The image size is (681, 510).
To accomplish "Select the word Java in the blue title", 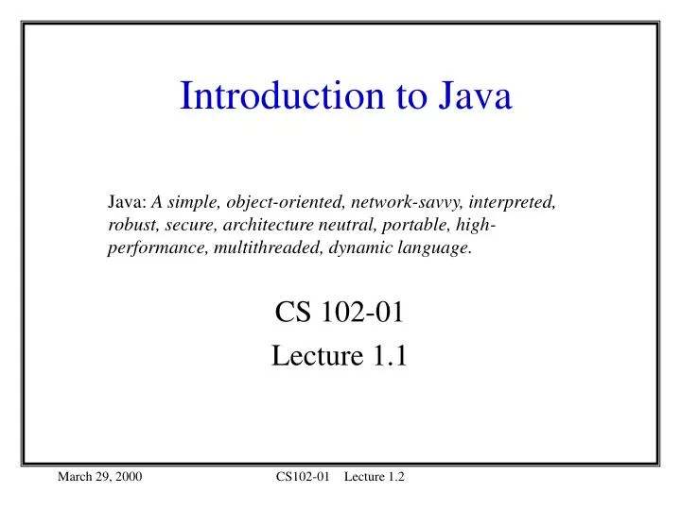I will click(474, 96).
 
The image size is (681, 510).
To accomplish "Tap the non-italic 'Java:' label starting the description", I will click(127, 202).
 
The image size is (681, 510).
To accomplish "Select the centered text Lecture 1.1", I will click(340, 355).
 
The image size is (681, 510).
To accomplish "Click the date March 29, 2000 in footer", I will click(100, 478).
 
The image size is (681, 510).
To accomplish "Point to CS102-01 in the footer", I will click(302, 478).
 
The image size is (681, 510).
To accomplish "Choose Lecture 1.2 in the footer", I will click(375, 478).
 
